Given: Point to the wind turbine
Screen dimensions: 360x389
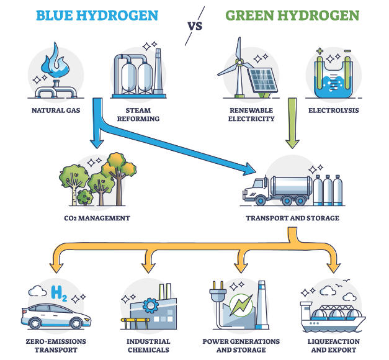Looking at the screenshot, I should click(238, 65).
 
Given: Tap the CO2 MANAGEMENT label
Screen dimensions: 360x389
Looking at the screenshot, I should click(97, 218).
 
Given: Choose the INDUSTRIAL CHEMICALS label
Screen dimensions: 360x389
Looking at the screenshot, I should click(146, 346).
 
